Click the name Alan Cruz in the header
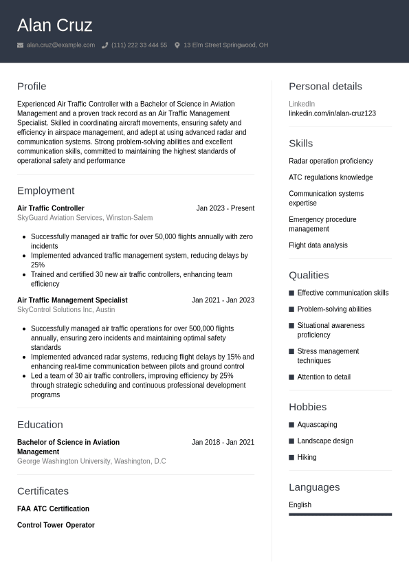[54, 25]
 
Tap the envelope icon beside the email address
[21, 45]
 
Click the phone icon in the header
[105, 45]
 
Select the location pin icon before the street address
[177, 45]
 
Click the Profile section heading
[32, 87]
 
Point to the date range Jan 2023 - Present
[225, 208]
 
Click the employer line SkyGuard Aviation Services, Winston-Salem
[85, 218]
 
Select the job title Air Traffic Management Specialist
[72, 300]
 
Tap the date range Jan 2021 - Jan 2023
[223, 300]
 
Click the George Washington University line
[91, 461]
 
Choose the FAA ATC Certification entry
[53, 509]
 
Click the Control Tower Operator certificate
[56, 525]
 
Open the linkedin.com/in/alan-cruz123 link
[332, 113]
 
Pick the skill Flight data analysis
[318, 245]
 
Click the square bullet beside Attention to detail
[291, 377]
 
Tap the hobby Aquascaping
[317, 425]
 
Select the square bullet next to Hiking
[291, 458]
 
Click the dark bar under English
[340, 514]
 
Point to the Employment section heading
[45, 191]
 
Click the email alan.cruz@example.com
[60, 45]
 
